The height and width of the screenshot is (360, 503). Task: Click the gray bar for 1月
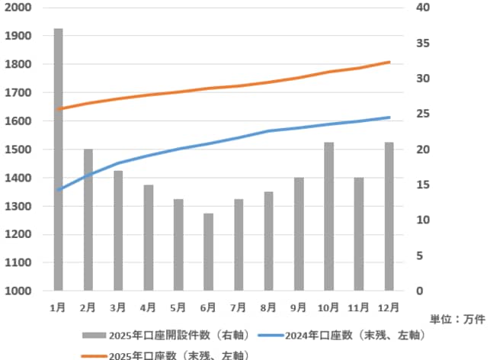[58, 159]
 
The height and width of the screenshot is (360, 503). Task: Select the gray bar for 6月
[208, 252]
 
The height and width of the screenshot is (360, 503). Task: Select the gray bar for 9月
[299, 234]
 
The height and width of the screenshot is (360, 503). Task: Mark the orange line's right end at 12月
[389, 62]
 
